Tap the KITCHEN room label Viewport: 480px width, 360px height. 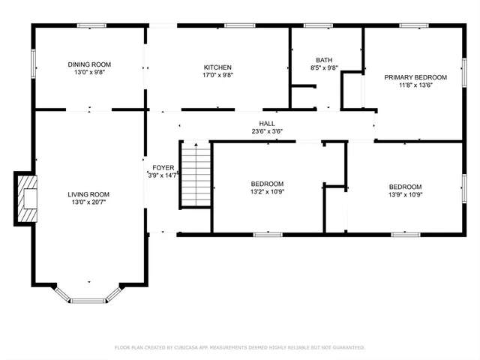217,67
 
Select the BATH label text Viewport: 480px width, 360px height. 324,60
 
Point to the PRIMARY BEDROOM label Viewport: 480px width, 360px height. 415,77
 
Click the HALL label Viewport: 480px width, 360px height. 267,124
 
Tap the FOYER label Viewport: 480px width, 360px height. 163,167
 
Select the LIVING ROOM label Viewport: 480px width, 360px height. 89,194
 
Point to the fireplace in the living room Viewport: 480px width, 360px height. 26,199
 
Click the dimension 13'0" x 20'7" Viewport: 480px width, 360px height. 89,202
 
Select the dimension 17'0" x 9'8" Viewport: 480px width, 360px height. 217,76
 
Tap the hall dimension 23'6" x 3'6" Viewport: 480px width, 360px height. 267,132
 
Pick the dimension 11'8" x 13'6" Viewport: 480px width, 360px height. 415,85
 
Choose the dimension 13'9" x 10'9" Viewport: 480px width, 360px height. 405,195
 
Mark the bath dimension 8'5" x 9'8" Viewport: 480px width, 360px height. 324,68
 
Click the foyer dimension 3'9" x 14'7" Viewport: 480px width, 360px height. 163,175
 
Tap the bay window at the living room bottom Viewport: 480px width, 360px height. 88,298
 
